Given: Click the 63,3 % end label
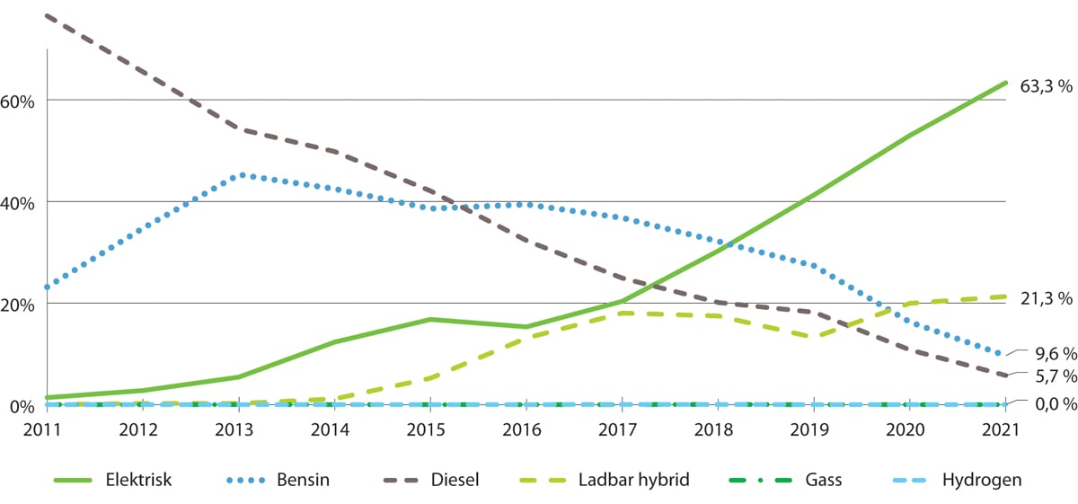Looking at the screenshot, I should point(1047,87).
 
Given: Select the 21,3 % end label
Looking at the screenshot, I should point(1047,298).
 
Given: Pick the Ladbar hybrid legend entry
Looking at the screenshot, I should point(644,481).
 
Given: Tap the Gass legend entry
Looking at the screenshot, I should point(823,481).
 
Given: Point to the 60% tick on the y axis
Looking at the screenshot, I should point(17,101).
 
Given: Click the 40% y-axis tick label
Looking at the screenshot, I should point(17,203).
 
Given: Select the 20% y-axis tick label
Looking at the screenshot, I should point(17,305).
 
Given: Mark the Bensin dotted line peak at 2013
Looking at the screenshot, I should point(241,175).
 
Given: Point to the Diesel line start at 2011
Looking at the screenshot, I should point(47,15).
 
